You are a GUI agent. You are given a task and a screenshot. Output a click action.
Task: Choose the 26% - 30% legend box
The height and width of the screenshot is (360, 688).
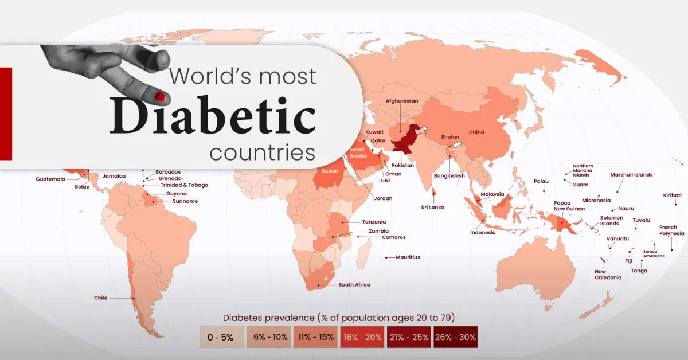(x=455, y=337)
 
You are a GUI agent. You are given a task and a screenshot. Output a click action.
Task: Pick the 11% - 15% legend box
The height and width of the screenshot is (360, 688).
(x=315, y=337)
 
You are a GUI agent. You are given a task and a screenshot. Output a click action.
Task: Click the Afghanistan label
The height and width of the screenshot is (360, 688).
(x=402, y=101)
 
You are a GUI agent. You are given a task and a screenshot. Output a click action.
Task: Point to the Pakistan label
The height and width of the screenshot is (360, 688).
(x=402, y=165)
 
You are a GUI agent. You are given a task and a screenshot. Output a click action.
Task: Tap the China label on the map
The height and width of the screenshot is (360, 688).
(x=476, y=132)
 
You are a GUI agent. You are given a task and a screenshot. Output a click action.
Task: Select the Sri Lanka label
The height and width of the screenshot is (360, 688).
(x=432, y=207)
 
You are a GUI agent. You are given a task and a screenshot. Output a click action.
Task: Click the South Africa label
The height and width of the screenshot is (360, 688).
(x=354, y=285)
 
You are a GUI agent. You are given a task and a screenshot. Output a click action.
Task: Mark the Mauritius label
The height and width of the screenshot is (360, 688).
(x=408, y=257)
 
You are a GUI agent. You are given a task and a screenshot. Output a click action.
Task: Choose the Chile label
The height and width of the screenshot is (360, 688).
(x=100, y=298)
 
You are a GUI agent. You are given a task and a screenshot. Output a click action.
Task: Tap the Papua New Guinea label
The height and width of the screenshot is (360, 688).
(x=568, y=206)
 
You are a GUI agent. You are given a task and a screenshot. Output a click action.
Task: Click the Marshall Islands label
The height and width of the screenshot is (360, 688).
(x=631, y=175)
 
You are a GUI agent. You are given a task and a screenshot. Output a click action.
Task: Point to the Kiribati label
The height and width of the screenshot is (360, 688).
(x=672, y=195)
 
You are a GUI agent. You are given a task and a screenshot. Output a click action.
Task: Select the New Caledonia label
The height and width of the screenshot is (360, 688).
(x=608, y=275)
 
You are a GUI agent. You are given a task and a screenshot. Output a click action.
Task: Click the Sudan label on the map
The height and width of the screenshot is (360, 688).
(x=329, y=171)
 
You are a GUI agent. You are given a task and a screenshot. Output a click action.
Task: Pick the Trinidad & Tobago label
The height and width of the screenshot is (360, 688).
(x=183, y=185)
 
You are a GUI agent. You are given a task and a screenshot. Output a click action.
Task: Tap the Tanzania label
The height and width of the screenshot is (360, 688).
(x=374, y=222)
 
